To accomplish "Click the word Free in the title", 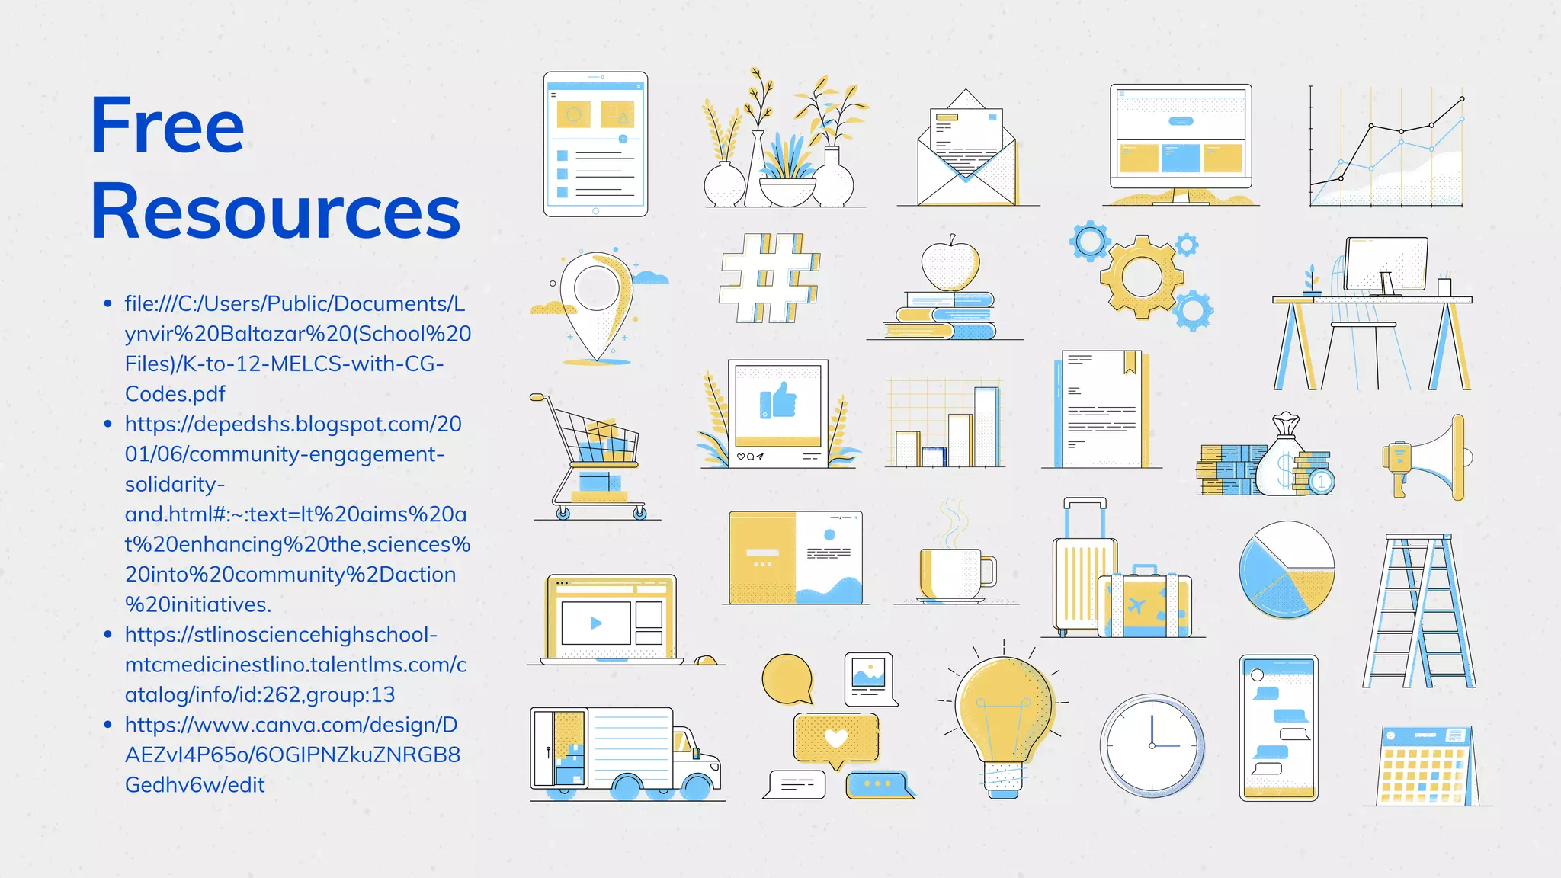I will [x=167, y=125].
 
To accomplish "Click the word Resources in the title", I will [x=275, y=211].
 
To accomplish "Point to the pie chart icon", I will [x=1287, y=569].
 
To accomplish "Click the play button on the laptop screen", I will [x=596, y=623].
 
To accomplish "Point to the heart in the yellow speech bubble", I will [x=836, y=738].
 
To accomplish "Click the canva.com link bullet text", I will [x=292, y=755].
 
